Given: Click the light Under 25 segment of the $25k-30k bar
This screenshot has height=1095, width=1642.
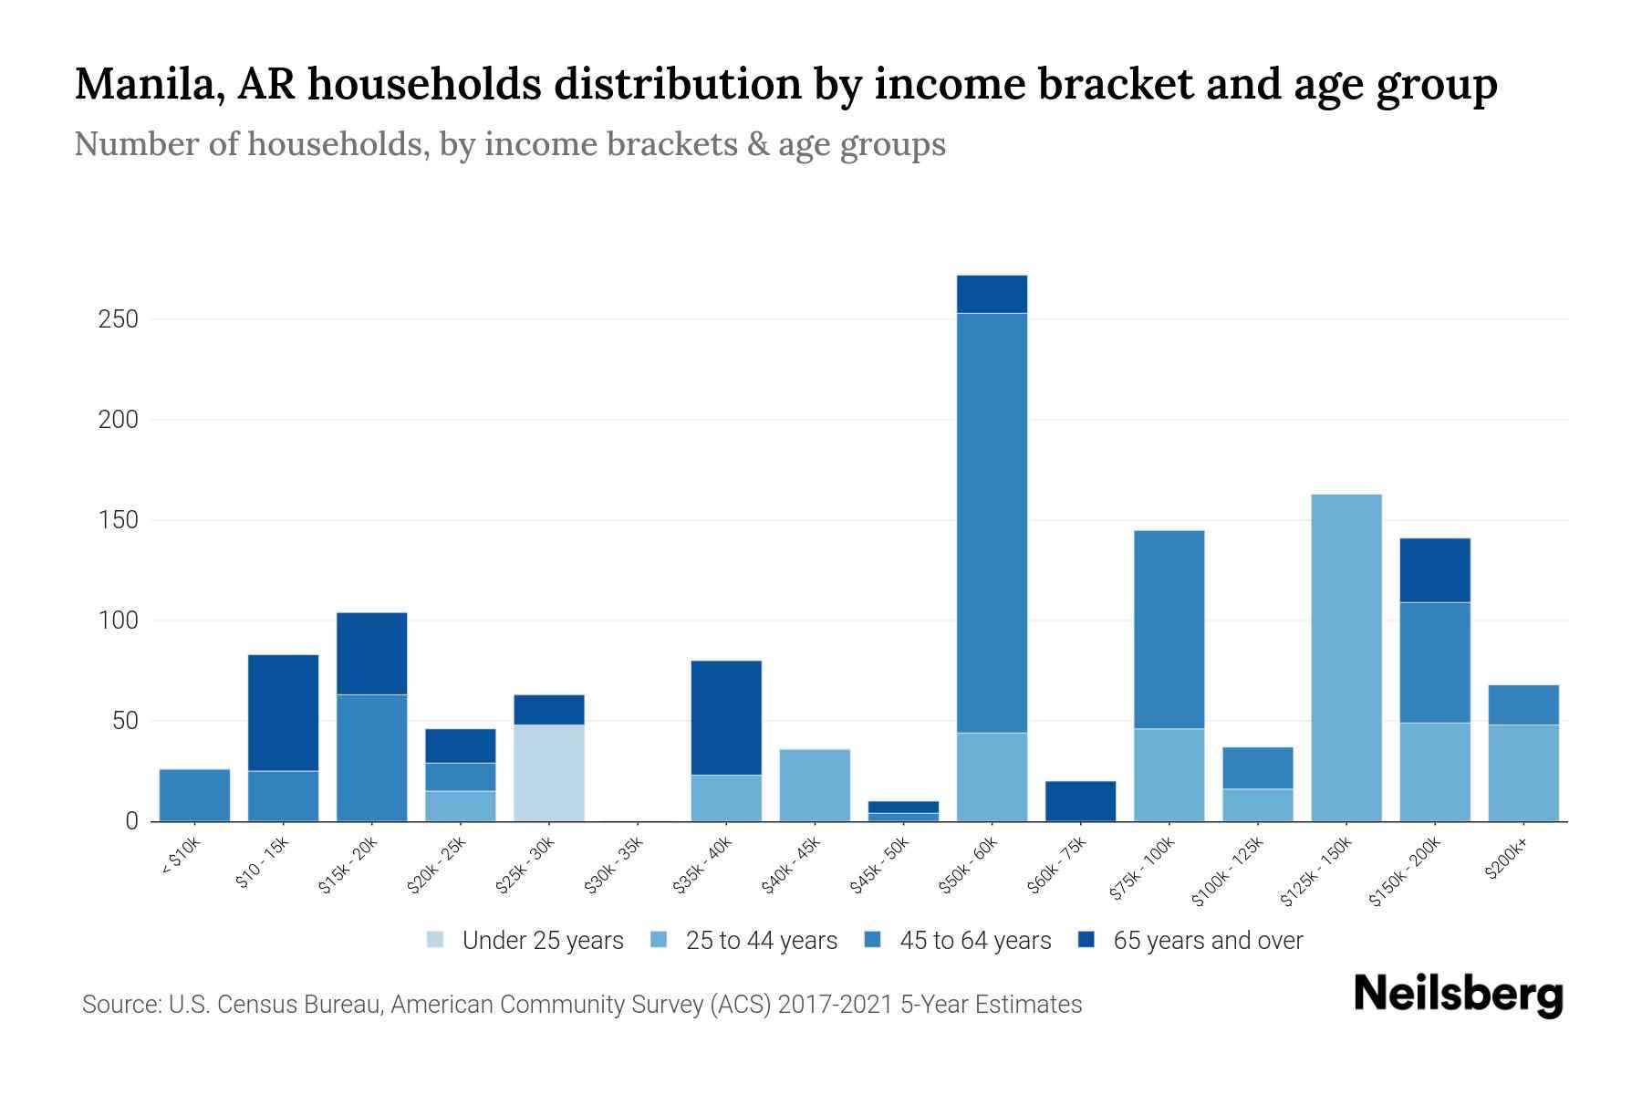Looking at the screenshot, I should point(549,772).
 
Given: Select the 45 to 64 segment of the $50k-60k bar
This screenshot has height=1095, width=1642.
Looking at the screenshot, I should point(992,522).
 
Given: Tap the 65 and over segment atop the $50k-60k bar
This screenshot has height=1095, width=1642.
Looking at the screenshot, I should point(992,294).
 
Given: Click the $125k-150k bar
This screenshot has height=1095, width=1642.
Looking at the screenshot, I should point(1346,657).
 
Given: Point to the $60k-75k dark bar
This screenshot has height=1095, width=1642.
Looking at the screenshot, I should point(1080,800).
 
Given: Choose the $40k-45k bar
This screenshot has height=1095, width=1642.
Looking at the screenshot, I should point(815,785).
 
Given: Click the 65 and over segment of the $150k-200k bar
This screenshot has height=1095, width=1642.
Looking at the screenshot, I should point(1434,570).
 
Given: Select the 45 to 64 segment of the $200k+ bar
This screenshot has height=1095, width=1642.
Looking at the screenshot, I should point(1522,704).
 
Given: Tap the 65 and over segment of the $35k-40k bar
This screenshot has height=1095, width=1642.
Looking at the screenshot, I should point(726,717).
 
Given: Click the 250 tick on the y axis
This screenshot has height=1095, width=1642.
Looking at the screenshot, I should point(119,319).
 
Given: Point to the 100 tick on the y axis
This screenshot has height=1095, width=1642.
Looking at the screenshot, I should point(119,620).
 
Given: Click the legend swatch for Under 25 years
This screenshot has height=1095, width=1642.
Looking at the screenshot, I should point(436,940).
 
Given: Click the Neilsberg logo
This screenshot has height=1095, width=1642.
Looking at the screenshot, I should point(1458,994).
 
